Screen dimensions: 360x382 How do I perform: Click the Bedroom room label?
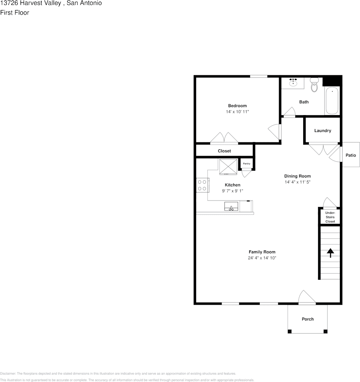[x=237, y=106]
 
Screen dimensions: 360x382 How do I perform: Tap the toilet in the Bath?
[x=314, y=85]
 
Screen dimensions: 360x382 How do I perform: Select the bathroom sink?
[x=293, y=83]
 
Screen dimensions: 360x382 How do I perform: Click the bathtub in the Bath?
[x=332, y=100]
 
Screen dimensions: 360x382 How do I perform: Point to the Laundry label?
[x=323, y=130]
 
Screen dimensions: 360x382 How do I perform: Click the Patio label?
[x=350, y=155]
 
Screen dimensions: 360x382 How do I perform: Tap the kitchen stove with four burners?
[x=202, y=185]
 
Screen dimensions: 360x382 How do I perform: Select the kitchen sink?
[x=231, y=206]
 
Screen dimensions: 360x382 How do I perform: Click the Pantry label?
[x=246, y=164]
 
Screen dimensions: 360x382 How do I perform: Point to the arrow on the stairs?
[x=330, y=253]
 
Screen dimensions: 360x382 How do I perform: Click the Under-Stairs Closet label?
[x=330, y=217]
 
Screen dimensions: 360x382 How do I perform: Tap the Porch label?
[x=308, y=319]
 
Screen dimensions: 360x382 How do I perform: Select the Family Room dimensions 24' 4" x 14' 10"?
[x=262, y=258]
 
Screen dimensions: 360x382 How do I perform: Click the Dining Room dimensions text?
[x=297, y=182]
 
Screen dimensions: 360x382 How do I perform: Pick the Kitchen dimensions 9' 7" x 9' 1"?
[x=232, y=191]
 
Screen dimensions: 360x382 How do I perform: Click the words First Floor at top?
[x=14, y=12]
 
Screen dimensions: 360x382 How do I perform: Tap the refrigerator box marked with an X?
[x=228, y=167]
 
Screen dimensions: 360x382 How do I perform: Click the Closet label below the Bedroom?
[x=224, y=151]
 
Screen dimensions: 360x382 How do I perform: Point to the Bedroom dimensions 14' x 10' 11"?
[x=237, y=112]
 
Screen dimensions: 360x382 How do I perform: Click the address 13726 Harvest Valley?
[x=31, y=3]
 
